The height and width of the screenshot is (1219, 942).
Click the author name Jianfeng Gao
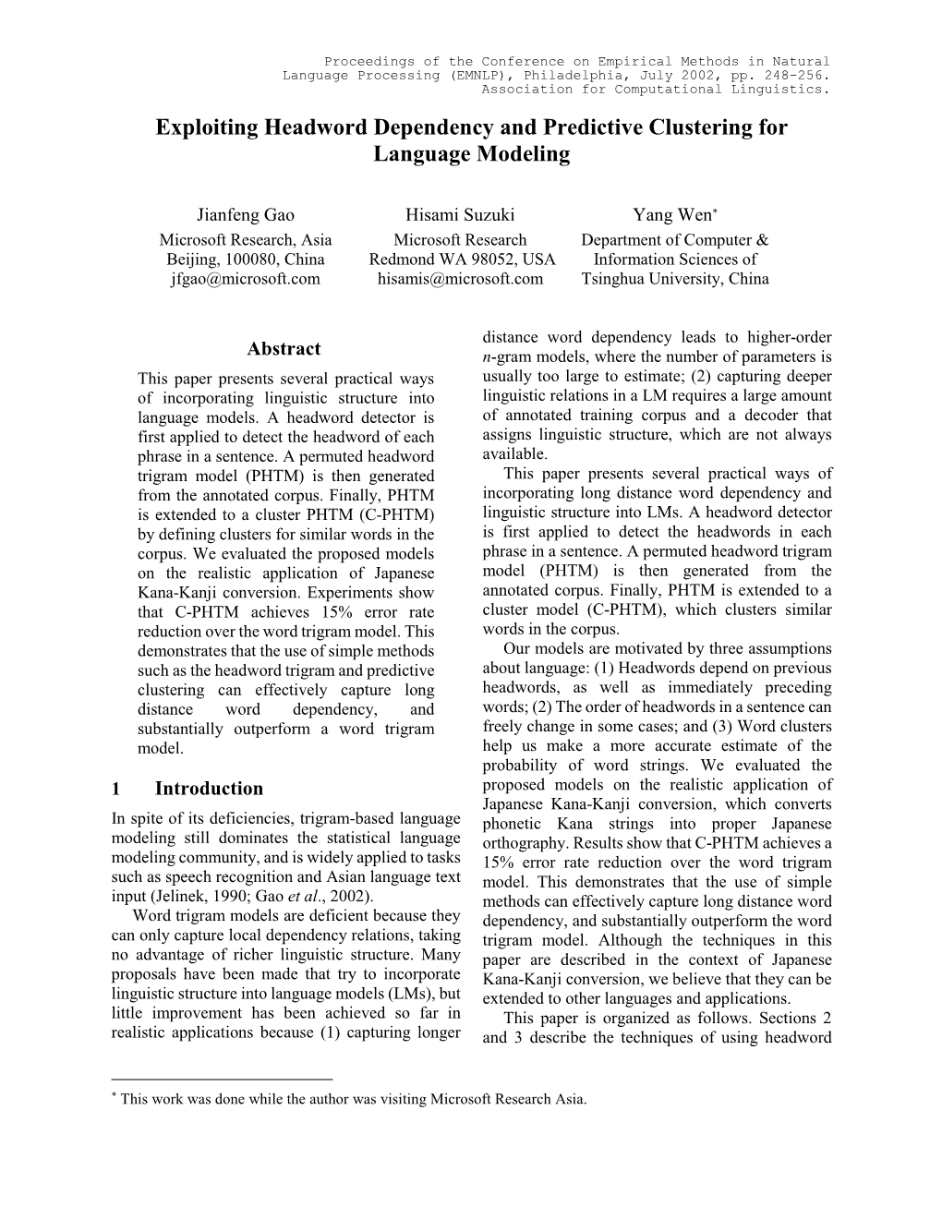point(245,215)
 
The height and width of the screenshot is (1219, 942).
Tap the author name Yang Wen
point(671,215)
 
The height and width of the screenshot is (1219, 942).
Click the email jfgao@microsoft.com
point(245,279)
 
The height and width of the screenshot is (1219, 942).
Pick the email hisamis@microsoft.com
point(461,279)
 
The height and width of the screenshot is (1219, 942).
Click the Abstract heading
point(284,349)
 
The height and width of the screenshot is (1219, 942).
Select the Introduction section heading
point(209,789)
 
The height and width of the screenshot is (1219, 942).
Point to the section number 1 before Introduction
point(115,789)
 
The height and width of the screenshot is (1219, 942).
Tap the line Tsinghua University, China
point(675,279)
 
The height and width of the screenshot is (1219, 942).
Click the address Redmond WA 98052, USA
point(462,259)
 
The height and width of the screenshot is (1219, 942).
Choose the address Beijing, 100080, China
point(246,259)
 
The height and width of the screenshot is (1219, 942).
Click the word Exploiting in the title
point(209,127)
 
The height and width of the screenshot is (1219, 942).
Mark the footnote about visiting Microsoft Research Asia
point(352,1099)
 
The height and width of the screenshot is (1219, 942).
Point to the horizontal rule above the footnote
point(221,1078)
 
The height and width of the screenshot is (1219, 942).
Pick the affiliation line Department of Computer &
point(675,240)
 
